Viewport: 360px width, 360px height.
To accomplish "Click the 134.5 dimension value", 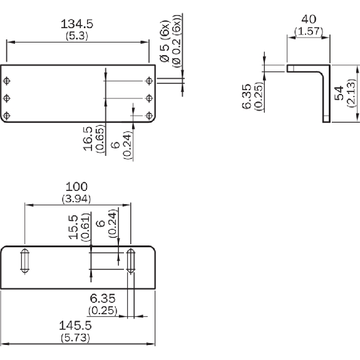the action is [x=77, y=24].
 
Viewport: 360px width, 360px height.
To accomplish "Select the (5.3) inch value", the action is [x=77, y=36].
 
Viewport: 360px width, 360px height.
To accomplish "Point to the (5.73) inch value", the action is [x=75, y=337].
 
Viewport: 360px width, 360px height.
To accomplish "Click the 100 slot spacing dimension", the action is [x=76, y=187].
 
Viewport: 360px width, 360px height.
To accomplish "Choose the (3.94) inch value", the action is [x=76, y=199].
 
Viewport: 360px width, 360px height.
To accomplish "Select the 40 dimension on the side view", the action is [x=309, y=19].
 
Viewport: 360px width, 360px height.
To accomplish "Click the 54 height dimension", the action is [x=339, y=93].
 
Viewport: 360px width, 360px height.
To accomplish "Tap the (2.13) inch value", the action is [x=351, y=93].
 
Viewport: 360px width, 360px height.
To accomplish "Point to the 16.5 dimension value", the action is [x=88, y=138].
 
